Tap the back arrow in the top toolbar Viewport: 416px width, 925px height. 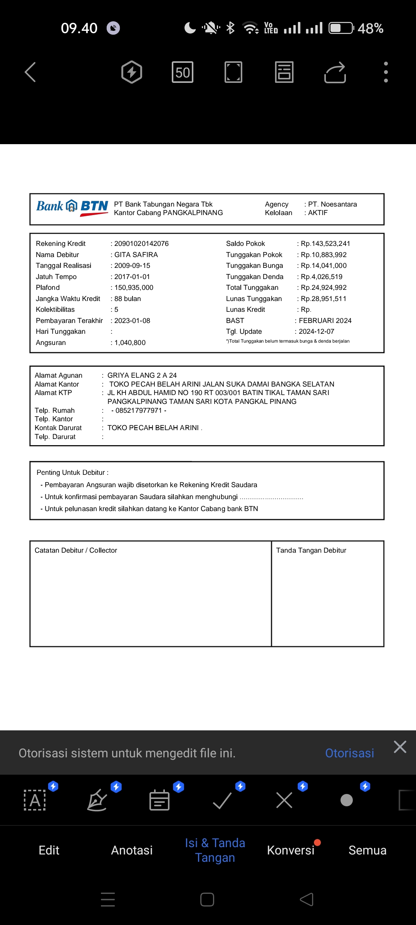pos(30,72)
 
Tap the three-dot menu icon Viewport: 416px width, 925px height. pos(386,72)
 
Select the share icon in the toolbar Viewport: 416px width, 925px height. pos(335,72)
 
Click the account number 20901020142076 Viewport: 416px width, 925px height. pos(141,244)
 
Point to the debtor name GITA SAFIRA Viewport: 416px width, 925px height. pos(136,255)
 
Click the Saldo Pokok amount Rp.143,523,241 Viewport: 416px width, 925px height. pos(325,244)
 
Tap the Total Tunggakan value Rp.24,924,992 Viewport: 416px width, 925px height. pos(324,288)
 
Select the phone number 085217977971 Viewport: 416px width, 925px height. pos(139,410)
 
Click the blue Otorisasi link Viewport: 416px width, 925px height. pos(349,753)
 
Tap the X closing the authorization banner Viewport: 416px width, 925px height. pos(400,747)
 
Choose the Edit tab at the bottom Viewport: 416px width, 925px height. pos(49,850)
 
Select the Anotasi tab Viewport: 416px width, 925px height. pos(132,850)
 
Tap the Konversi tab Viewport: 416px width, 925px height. pos(291,850)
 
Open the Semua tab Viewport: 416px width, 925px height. pos(367,850)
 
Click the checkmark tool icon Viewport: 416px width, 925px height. pos(222,801)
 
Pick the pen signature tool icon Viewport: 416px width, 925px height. pos(97,801)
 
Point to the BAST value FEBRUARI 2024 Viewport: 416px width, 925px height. pos(325,321)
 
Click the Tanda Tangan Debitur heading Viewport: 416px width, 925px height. pos(311,550)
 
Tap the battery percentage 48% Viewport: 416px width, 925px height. pos(370,28)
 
